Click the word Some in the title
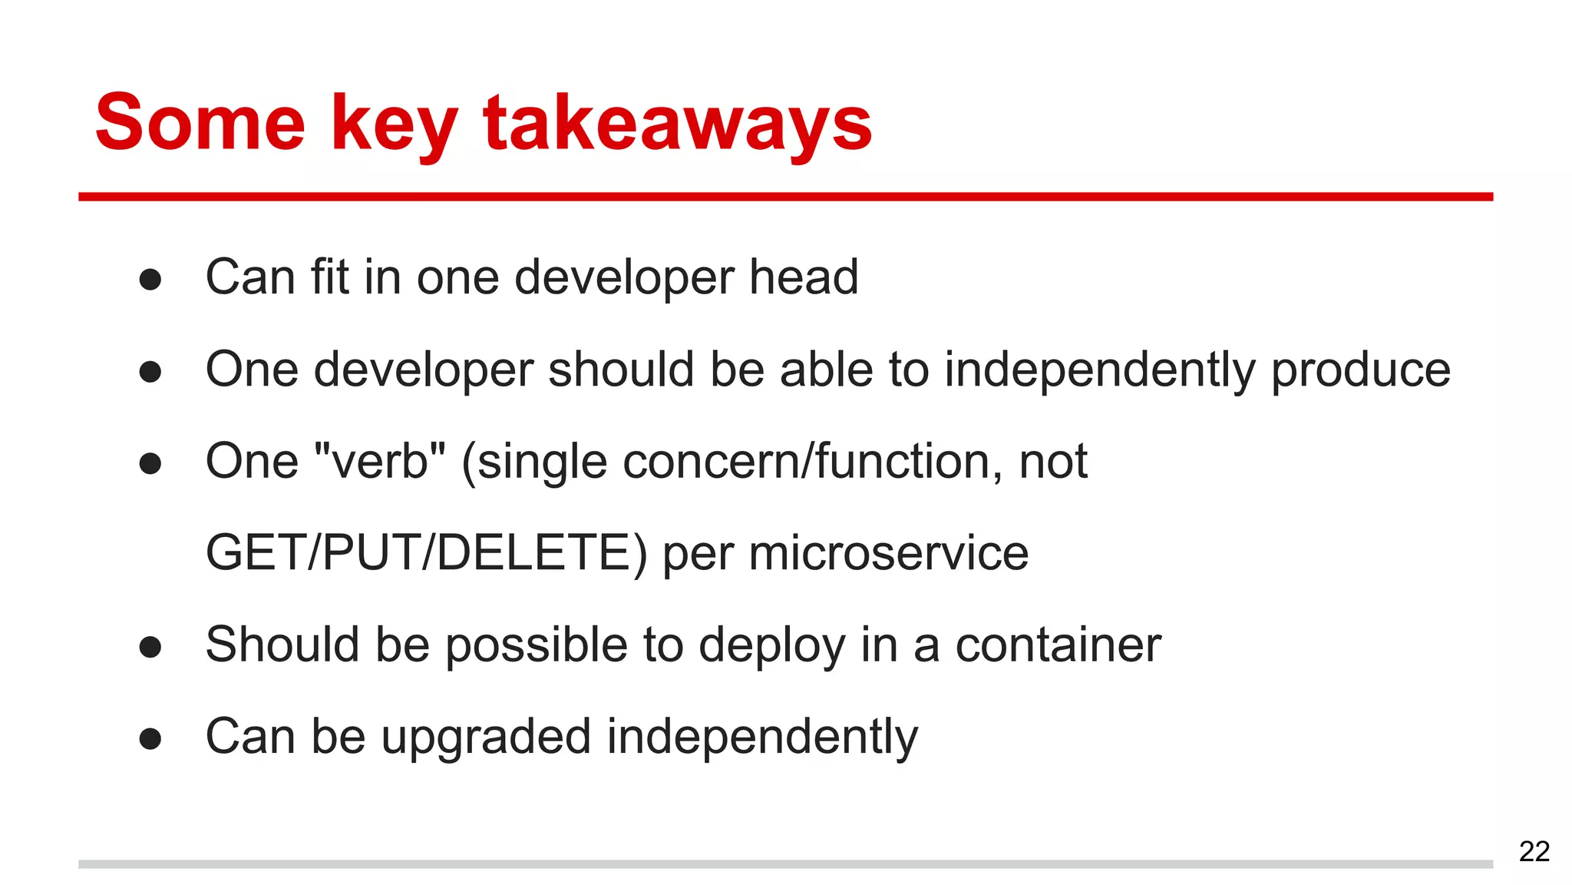(200, 123)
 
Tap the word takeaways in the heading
(678, 123)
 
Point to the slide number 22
(1534, 851)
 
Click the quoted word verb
(380, 461)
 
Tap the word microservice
(888, 553)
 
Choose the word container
(1058, 645)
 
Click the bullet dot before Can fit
(150, 280)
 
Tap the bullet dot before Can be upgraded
(150, 739)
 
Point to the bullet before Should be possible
(150, 647)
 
